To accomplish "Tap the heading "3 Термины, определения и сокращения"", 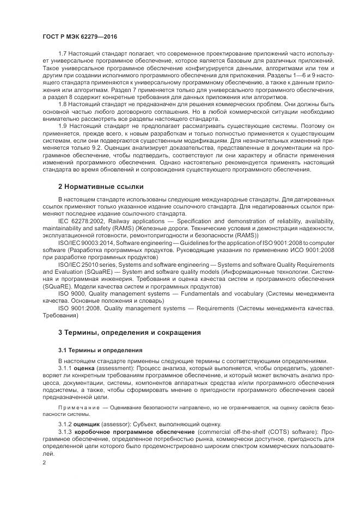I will pyautogui.click(x=130, y=332).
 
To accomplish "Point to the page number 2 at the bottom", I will pyautogui.click(x=44, y=462).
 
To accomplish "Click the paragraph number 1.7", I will pyautogui.click(x=62, y=53).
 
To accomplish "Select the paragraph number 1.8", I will pyautogui.click(x=62, y=103).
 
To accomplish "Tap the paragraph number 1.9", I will pyautogui.click(x=62, y=125).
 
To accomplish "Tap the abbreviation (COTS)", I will pyautogui.click(x=237, y=431).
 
